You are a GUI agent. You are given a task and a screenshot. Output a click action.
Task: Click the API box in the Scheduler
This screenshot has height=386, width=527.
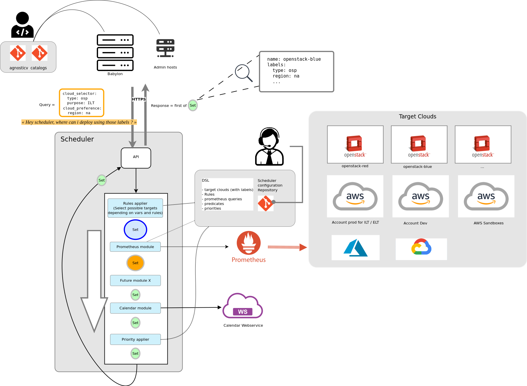136,158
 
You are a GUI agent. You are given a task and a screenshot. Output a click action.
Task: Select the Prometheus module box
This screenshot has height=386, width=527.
135,247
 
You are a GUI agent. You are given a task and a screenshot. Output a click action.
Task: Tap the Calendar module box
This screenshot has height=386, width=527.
135,308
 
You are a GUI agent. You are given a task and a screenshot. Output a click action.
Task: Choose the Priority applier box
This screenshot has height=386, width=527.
135,339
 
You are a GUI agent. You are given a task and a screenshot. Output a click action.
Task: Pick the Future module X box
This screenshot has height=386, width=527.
135,280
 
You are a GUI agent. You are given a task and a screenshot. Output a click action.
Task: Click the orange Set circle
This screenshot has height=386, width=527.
135,263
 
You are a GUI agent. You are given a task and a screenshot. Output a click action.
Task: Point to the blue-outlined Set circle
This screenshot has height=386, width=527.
135,230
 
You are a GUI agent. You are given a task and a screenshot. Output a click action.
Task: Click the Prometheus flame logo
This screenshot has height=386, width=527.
248,243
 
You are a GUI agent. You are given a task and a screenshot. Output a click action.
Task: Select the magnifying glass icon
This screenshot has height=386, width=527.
243,73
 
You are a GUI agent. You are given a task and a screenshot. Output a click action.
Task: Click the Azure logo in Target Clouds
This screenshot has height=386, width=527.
355,248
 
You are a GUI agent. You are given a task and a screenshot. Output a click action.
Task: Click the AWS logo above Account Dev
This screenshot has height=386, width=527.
420,196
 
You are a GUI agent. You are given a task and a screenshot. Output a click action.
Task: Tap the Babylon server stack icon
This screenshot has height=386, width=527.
115,53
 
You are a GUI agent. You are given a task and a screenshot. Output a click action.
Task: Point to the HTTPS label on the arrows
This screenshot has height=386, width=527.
139,99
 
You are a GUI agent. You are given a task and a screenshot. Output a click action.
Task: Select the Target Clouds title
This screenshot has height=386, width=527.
417,117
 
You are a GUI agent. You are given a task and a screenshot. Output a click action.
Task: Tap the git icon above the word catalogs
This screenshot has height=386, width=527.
40,53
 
